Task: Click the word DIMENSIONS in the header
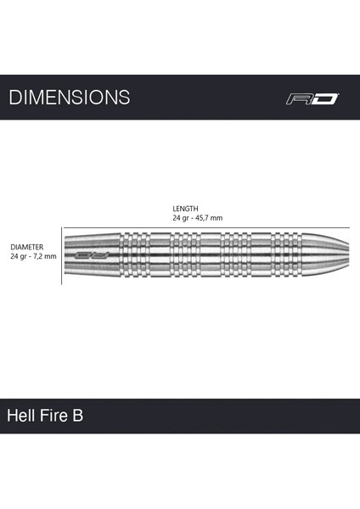[x=70, y=98]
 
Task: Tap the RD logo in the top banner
[x=312, y=98]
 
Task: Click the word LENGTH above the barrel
[x=185, y=208]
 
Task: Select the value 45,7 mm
[x=208, y=218]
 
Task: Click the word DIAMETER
[x=27, y=246]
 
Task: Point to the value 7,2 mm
[x=44, y=255]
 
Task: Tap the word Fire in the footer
[x=57, y=417]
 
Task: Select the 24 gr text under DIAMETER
[x=19, y=255]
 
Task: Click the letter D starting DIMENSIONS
[x=14, y=98]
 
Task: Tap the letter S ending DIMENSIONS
[x=125, y=98]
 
